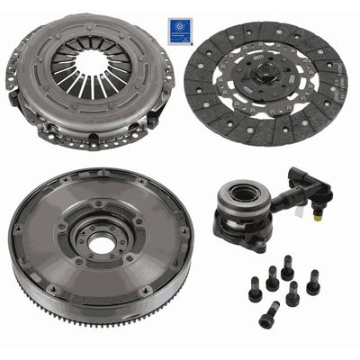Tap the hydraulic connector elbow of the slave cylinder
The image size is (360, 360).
[x=319, y=190]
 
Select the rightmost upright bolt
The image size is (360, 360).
[x=312, y=283]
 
